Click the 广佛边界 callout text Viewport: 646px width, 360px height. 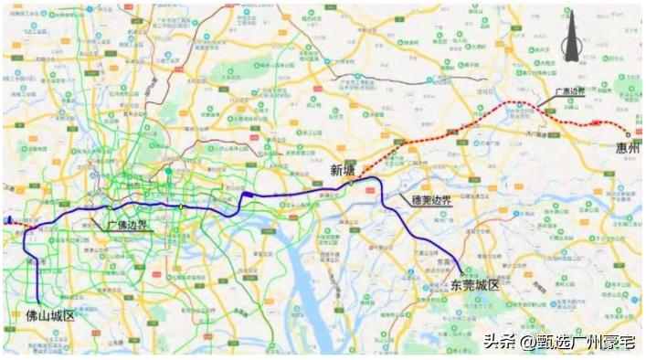(x=128, y=224)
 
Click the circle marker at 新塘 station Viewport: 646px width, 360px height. (x=350, y=183)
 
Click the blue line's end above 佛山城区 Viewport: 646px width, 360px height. (x=39, y=299)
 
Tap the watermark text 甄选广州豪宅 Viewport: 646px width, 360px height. (x=584, y=343)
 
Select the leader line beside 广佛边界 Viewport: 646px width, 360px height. (x=99, y=217)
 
